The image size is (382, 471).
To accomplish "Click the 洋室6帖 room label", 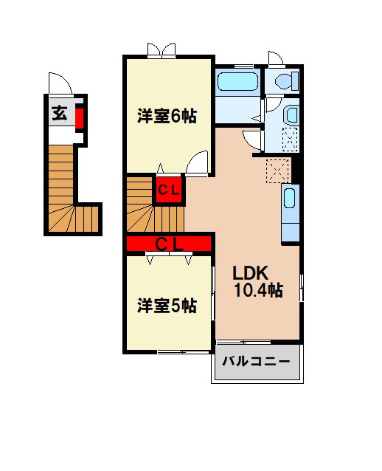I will [167, 116].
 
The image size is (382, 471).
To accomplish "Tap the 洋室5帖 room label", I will [167, 306].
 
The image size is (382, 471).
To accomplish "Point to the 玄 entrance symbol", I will [58, 114].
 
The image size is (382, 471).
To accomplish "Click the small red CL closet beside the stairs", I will [167, 190].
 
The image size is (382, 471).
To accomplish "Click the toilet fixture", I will [282, 80].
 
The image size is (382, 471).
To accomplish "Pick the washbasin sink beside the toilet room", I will [290, 115].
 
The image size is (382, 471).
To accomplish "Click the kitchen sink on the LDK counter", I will [290, 200].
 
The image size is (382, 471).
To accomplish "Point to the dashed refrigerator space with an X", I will [279, 170].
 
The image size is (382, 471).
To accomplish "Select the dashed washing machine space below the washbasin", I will [290, 140].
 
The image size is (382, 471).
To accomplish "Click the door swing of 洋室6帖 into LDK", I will [198, 164].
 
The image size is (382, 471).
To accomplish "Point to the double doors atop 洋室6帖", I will [162, 50].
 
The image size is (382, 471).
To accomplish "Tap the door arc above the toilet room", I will [276, 61].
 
